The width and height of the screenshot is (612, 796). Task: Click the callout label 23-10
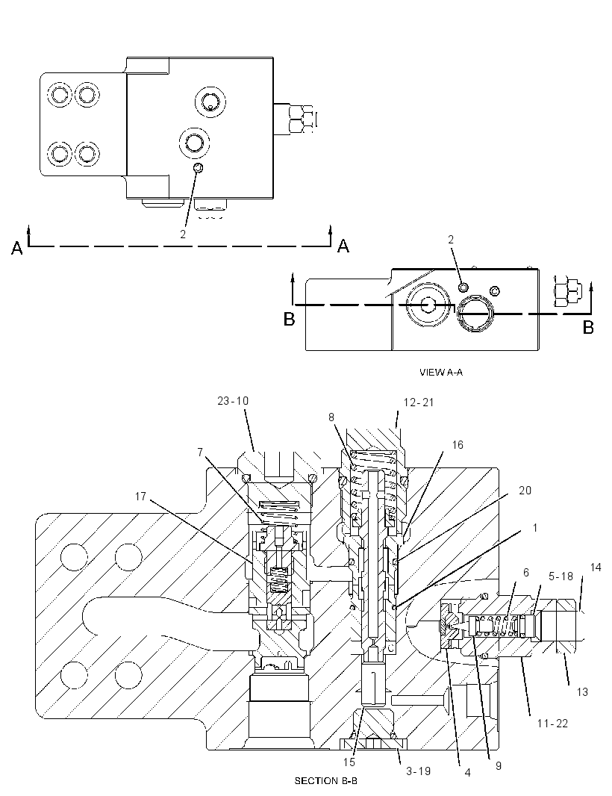233,401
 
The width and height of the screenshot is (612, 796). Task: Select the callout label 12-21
419,402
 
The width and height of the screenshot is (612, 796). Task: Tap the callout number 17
140,497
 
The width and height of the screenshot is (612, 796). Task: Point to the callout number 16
458,445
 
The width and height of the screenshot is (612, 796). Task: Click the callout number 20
525,491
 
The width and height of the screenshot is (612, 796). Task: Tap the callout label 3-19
418,771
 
